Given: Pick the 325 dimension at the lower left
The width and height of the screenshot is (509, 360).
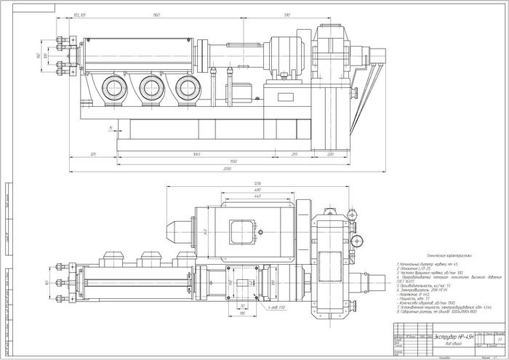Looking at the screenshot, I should point(93,154).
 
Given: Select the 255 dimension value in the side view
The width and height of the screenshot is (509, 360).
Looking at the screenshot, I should point(294,154).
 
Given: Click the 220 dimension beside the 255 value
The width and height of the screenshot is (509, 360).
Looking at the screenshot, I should point(330,154).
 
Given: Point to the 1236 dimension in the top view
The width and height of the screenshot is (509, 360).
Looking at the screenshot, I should point(257,183).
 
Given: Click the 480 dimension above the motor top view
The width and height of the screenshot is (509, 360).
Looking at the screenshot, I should point(257,190).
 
